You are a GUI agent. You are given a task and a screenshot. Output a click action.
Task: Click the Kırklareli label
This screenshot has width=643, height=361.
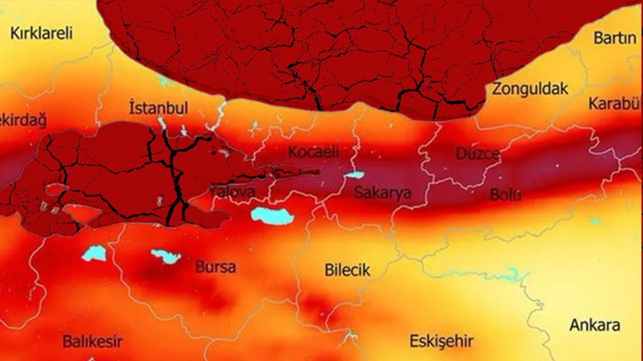[x=42, y=34]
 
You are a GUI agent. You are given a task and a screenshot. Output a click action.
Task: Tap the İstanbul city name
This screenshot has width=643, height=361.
[x=158, y=108]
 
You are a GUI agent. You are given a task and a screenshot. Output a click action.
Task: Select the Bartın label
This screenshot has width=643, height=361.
[x=615, y=38]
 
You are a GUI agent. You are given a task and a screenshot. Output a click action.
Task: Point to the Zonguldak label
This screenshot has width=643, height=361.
[x=530, y=89]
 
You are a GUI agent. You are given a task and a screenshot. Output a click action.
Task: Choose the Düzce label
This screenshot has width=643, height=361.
[x=477, y=153]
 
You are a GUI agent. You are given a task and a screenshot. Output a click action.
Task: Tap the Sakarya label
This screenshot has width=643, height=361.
[x=382, y=193]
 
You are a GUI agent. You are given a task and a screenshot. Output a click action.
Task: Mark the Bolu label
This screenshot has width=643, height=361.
[x=505, y=195]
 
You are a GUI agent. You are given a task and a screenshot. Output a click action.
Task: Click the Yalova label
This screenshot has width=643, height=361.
[x=232, y=192]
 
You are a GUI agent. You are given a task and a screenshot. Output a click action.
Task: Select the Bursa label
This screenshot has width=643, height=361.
[x=216, y=267]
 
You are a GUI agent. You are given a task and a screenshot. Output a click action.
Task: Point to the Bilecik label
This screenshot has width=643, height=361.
[x=347, y=270]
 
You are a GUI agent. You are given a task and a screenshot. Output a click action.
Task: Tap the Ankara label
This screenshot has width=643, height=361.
[x=595, y=325]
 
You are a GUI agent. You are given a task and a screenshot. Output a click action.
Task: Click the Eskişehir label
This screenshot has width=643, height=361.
[x=441, y=342]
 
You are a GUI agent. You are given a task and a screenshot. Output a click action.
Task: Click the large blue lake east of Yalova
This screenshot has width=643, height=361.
[x=272, y=215]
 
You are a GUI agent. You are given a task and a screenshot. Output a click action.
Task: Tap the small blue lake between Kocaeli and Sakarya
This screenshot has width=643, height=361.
[x=354, y=175]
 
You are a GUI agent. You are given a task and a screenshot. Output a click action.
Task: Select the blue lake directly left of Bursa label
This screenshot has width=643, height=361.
[x=166, y=256]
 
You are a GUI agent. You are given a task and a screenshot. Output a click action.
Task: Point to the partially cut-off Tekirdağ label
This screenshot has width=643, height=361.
[x=23, y=121]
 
